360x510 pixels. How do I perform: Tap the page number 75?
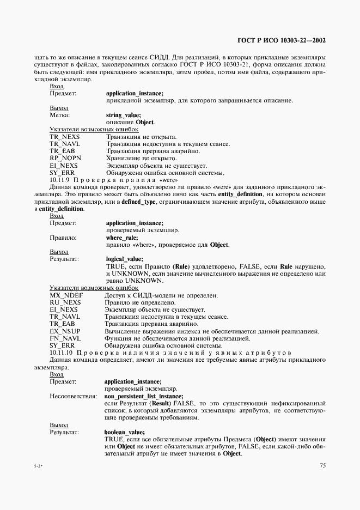tap(323, 465)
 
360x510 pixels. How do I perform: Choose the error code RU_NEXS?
tap(65, 302)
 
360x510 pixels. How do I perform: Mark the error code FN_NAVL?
tap(65, 338)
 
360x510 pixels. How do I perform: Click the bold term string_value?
tap(124, 115)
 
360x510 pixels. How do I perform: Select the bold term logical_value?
tap(125, 259)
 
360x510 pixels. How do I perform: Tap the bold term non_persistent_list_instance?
tap(143, 396)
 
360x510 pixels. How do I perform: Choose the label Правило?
tap(63, 238)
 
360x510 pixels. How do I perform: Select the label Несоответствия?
tap(73, 396)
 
